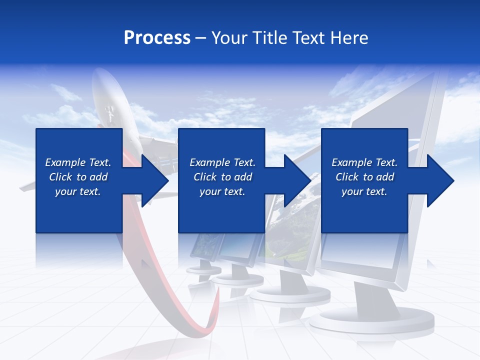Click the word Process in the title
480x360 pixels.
tap(157, 38)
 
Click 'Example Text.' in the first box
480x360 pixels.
tap(78, 162)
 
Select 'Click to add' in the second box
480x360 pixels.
tap(222, 177)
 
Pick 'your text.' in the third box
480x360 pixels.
tap(364, 191)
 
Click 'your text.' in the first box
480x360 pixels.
tap(78, 191)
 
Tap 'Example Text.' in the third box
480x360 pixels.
tap(364, 162)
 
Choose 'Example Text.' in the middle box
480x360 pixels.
tap(222, 162)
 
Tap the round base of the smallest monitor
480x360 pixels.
tap(203, 270)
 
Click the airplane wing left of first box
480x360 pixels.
tap(28, 187)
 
